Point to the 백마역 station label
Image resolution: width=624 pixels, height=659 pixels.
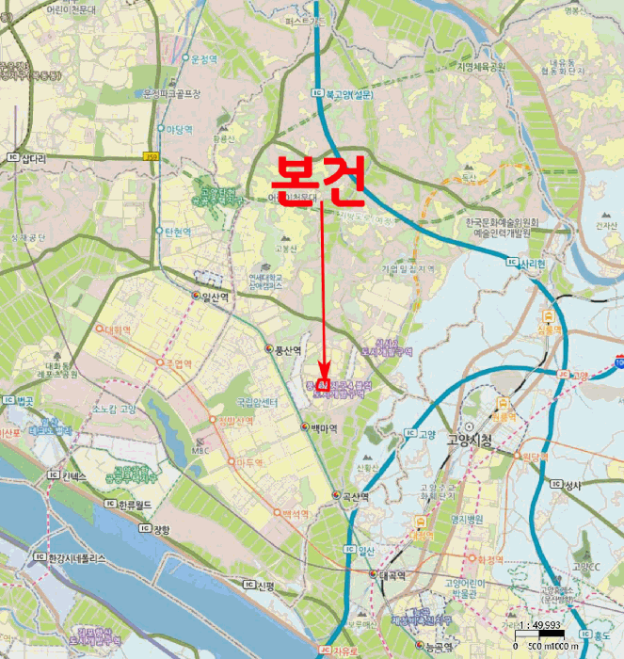coord(323,427)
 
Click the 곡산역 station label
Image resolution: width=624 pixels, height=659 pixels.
coord(354,496)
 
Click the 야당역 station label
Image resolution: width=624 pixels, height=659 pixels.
coord(178,129)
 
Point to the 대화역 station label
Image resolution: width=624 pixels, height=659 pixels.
coord(117,330)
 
